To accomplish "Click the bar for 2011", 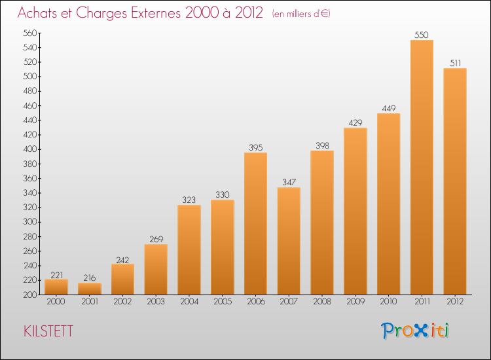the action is pyautogui.click(x=422, y=167).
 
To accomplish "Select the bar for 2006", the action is pyautogui.click(x=255, y=223).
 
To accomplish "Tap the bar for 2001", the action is pyautogui.click(x=90, y=289).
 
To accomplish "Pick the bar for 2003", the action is pyautogui.click(x=156, y=269).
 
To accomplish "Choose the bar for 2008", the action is pyautogui.click(x=322, y=223).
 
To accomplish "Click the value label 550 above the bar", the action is pyautogui.click(x=422, y=35).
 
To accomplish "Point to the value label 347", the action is pyautogui.click(x=289, y=182).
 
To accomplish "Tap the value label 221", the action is pyautogui.click(x=57, y=275).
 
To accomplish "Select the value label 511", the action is pyautogui.click(x=455, y=63).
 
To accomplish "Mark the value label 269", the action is pyautogui.click(x=156, y=239).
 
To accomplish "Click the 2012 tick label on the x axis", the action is pyautogui.click(x=455, y=302).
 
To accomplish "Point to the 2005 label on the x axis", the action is pyautogui.click(x=223, y=302).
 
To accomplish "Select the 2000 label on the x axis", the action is pyautogui.click(x=56, y=302).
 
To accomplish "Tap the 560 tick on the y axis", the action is pyautogui.click(x=29, y=33).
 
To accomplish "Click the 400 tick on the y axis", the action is pyautogui.click(x=29, y=149).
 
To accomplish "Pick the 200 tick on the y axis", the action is pyautogui.click(x=29, y=295).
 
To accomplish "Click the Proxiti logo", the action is pyautogui.click(x=415, y=331).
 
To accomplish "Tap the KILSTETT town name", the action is pyautogui.click(x=48, y=331).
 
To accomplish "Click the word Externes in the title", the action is pyautogui.click(x=155, y=13).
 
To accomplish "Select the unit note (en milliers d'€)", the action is pyautogui.click(x=301, y=14).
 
